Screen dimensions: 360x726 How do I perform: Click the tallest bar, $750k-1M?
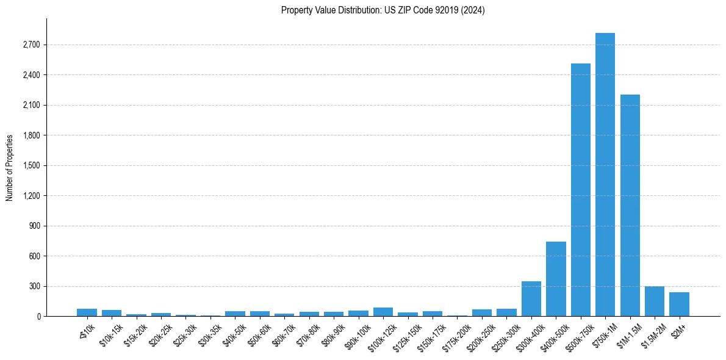tap(605, 175)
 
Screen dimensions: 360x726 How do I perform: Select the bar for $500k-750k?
tap(580, 190)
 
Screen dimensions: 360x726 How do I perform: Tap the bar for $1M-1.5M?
tap(630, 206)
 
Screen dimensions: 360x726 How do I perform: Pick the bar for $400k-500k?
tap(556, 279)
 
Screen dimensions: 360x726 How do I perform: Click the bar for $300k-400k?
tap(531, 299)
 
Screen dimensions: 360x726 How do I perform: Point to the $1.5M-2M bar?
tap(654, 301)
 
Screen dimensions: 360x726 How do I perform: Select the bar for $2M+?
tap(679, 304)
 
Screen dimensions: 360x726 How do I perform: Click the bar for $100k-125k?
tap(383, 312)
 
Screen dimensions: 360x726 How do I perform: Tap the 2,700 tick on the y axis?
tap(31, 45)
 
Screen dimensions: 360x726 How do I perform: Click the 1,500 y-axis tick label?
tap(31, 166)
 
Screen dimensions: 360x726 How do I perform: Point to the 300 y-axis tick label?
tap(34, 286)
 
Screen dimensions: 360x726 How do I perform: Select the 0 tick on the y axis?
tap(38, 317)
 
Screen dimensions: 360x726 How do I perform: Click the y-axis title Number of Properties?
tap(10, 167)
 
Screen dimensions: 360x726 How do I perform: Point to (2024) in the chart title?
tap(473, 10)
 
